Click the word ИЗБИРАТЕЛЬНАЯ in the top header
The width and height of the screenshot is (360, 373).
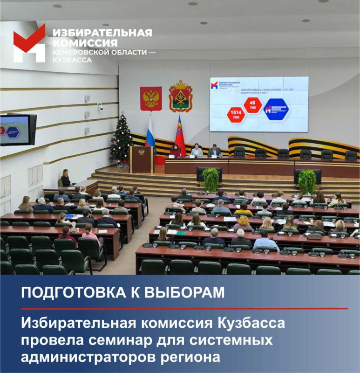click(102, 33)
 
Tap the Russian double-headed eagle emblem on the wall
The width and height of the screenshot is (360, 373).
click(151, 98)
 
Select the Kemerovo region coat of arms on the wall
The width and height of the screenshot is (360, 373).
click(181, 96)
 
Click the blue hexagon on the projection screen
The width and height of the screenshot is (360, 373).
click(276, 109)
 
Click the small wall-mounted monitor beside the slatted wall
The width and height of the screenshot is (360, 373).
click(17, 129)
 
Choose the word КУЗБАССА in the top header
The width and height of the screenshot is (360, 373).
click(72, 60)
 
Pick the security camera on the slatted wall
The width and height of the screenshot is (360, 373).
click(100, 106)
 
